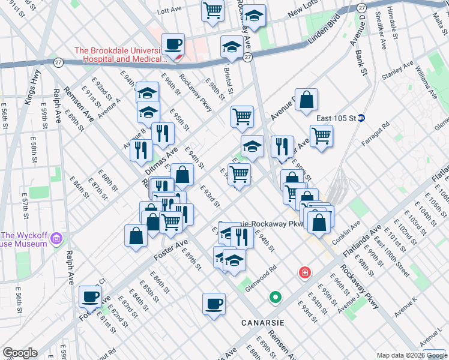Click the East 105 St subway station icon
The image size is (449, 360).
pyautogui.click(x=361, y=118)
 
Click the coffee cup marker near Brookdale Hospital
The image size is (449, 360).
pyautogui.click(x=173, y=44)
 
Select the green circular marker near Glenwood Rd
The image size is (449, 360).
pyautogui.click(x=276, y=296)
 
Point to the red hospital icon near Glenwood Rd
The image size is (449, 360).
pyautogui.click(x=306, y=273)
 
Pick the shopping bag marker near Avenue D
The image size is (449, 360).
pyautogui.click(x=306, y=100)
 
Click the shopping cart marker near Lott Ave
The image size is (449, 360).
pyautogui.click(x=212, y=10)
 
